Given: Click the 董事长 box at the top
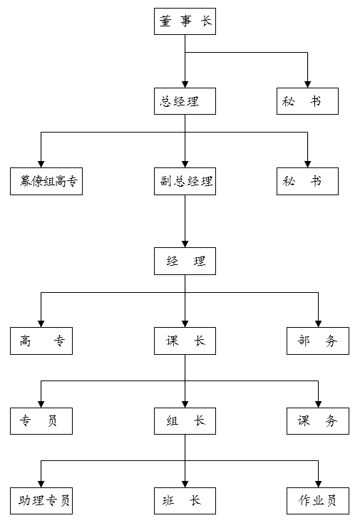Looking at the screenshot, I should click(185, 21).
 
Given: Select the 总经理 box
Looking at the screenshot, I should click(185, 101).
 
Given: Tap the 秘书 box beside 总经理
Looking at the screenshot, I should click(307, 101).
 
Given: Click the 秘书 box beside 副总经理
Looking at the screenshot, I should click(307, 181).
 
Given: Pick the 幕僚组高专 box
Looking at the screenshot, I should click(46, 181).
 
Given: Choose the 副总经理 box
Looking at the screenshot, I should click(185, 181).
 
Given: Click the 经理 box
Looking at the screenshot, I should click(185, 261).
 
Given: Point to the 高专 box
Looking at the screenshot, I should click(41, 341).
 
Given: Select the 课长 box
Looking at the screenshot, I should click(185, 341).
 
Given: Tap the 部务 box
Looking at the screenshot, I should click(317, 341).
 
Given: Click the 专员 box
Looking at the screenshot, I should click(41, 420).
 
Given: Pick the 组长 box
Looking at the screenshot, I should click(185, 420).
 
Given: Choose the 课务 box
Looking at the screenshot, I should click(317, 420).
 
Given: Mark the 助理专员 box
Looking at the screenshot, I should click(41, 500).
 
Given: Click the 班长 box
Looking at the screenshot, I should click(185, 500).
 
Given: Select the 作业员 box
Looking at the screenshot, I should click(317, 500).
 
